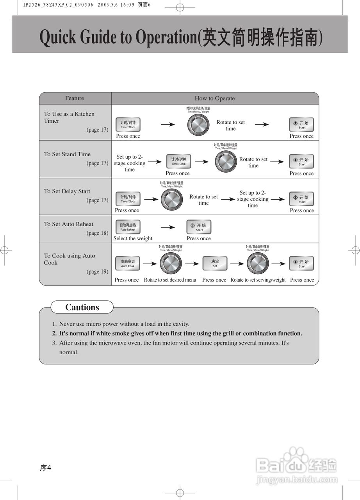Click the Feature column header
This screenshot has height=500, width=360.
(x=75, y=98)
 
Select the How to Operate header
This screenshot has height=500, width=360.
(x=215, y=98)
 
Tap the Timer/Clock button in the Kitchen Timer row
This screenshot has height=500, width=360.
(x=128, y=125)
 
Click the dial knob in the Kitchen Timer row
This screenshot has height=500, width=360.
(x=198, y=125)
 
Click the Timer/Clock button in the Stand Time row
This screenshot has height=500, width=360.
(x=178, y=161)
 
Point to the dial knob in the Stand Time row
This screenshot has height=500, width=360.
(x=225, y=161)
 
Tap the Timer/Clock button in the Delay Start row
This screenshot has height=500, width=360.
(x=128, y=199)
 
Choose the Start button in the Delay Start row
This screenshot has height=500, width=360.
(x=301, y=199)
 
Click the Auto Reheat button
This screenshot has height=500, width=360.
(x=128, y=227)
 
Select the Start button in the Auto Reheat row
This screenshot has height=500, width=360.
(x=199, y=227)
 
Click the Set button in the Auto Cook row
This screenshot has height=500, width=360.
(x=215, y=263)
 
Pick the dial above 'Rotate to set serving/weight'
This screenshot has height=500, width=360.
(x=258, y=263)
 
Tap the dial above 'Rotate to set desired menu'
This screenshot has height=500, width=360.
(x=171, y=263)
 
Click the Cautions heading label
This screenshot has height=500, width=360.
(x=82, y=307)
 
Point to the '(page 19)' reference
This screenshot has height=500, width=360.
(x=97, y=271)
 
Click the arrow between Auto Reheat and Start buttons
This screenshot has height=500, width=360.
(x=168, y=227)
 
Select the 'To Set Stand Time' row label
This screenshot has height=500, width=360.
(x=67, y=154)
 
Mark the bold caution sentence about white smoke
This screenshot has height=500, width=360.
(x=180, y=334)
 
